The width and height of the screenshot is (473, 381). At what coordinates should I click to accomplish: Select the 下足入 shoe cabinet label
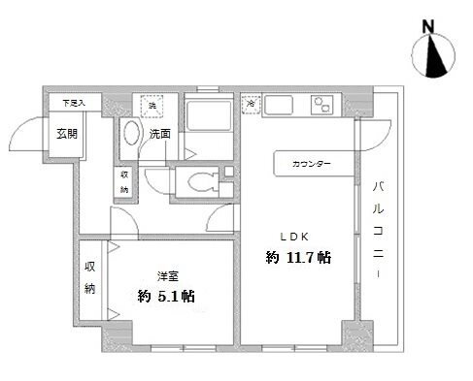click(75, 101)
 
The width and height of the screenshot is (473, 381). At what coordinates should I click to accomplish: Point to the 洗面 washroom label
click(161, 133)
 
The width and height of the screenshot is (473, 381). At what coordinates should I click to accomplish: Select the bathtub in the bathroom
click(206, 122)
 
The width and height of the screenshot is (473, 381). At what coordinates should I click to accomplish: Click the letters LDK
click(296, 235)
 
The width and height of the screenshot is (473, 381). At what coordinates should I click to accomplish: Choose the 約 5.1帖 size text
click(165, 296)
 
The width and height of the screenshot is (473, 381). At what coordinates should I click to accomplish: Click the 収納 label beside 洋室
click(90, 277)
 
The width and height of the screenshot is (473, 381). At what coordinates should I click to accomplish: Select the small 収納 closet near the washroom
click(124, 182)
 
